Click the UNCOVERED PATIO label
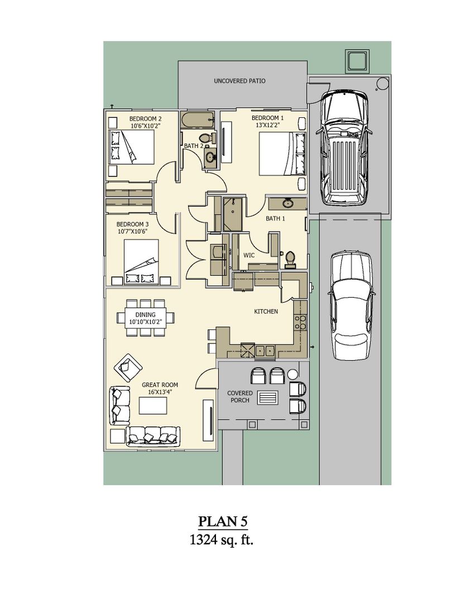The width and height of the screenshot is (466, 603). coord(239,81)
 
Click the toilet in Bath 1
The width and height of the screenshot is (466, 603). coord(290,259)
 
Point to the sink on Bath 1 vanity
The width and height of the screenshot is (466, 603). coord(287,203)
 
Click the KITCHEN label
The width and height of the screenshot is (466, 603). coord(266,312)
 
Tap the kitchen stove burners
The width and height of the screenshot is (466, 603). coord(300,322)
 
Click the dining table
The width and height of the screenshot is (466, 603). coord(145,318)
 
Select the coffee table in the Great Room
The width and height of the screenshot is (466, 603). coord(153,406)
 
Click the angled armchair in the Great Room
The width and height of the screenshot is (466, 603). coord(128,367)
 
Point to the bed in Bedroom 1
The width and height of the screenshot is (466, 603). coord(282,154)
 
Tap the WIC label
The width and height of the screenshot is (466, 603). coord(249,255)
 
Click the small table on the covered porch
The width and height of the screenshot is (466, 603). coord(268,398)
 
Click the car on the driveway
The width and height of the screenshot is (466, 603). coord(352,305)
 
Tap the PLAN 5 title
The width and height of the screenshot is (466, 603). coord(223,521)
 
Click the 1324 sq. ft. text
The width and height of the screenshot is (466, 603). coord(222,539)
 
